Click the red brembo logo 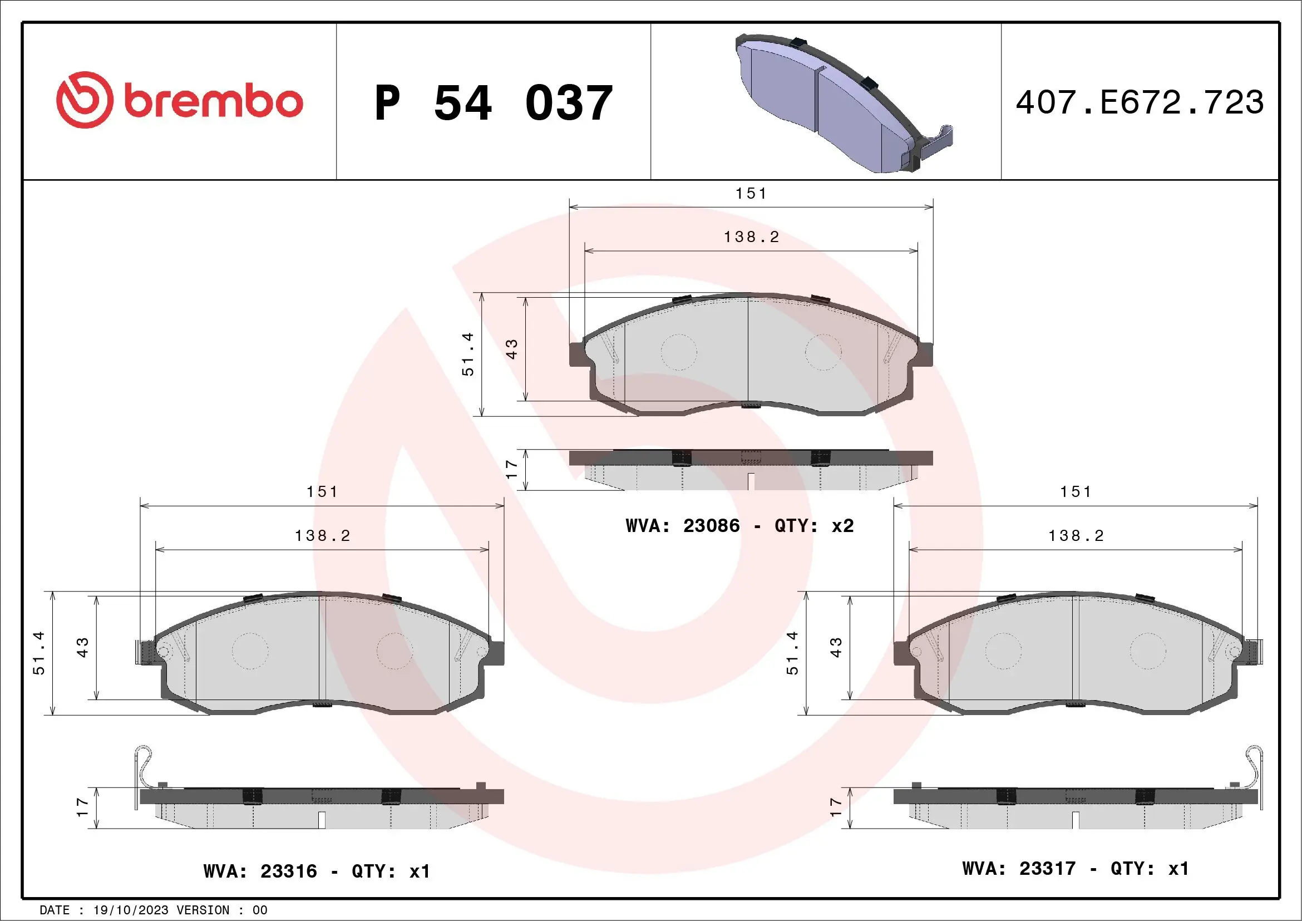pos(179,100)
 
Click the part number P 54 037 pos(494,102)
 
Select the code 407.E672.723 pos(1140,102)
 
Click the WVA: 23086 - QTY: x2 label pos(739,526)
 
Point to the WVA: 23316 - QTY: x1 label pos(317,871)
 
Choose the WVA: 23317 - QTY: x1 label pos(1075,868)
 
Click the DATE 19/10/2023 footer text pos(153,910)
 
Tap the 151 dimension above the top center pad pos(751,194)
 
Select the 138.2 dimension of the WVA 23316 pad pos(322,535)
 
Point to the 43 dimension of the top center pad pos(511,349)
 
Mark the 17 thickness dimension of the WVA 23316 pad pos(82,807)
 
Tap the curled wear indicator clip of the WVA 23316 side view pos(144,764)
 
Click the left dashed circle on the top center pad pos(678,352)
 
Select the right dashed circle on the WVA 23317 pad pos(1148,651)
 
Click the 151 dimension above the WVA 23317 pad pos(1076,492)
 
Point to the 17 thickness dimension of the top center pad pos(511,469)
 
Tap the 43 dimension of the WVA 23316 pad pos(83,647)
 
